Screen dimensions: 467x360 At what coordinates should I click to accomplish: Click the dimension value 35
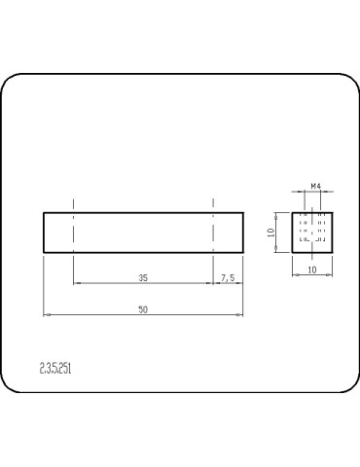point(143,277)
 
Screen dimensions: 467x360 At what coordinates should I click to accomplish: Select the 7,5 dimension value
point(228,277)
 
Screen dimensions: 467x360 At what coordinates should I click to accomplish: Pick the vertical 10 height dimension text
point(271,233)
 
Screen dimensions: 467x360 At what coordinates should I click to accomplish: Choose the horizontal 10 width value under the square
point(313,269)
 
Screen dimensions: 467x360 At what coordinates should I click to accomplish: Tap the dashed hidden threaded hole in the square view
point(313,227)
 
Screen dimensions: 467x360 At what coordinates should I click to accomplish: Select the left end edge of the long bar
point(44,233)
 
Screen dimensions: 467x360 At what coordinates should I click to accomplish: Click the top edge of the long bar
point(143,212)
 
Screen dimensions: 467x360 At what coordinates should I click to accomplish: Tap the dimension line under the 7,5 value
point(228,283)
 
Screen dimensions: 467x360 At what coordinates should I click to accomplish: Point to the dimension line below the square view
point(313,274)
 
